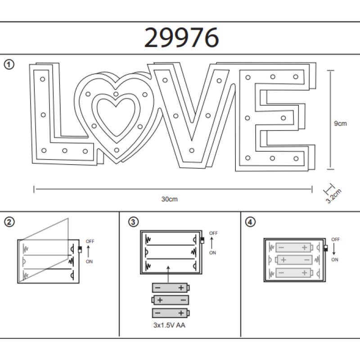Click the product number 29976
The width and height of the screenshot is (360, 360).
tap(181, 37)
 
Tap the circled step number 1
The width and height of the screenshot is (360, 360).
tap(9, 64)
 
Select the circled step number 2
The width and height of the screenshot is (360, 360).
tap(9, 222)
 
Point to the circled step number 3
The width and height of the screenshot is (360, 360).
tap(133, 222)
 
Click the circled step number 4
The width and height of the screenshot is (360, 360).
tap(250, 222)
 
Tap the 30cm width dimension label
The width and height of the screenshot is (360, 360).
tap(170, 199)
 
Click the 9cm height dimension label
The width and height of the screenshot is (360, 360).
tap(340, 123)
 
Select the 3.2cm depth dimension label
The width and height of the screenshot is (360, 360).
tap(334, 196)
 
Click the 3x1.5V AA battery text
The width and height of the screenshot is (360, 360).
tap(169, 325)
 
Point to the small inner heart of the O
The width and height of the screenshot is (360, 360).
tap(116, 117)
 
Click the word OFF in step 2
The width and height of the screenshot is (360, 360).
tap(90, 241)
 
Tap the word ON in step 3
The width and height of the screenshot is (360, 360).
tap(212, 252)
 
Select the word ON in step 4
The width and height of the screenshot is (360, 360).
tap(334, 260)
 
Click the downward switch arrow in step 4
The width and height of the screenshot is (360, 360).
tap(334, 249)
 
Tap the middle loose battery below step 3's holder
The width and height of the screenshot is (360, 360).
tap(170, 300)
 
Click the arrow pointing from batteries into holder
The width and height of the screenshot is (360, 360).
tap(168, 274)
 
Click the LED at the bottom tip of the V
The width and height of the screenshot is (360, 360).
tap(192, 151)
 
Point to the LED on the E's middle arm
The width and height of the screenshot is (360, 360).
tap(283, 118)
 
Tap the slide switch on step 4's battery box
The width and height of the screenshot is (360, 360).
tap(326, 248)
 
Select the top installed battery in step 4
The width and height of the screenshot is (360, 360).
tap(294, 247)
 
